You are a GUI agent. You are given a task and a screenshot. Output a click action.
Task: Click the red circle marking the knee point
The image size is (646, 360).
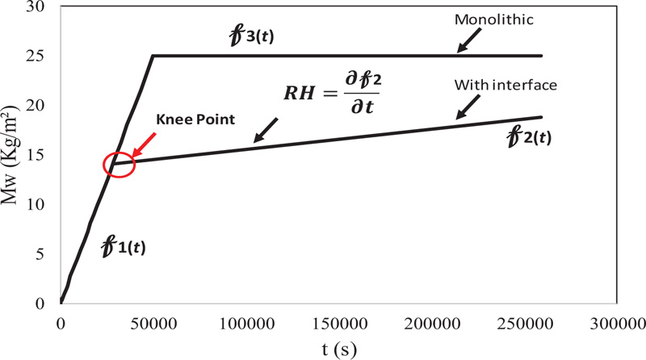(x=119, y=165)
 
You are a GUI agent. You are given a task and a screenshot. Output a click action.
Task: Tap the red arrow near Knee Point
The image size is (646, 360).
(x=144, y=145)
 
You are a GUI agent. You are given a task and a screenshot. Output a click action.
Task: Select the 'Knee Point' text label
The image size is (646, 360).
(x=195, y=119)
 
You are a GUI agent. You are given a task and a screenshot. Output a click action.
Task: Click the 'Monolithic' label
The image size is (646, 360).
(x=494, y=19)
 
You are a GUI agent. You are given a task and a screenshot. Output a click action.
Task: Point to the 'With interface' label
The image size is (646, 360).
(x=505, y=85)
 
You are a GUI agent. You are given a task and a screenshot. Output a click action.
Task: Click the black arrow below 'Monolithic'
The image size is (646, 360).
(x=469, y=41)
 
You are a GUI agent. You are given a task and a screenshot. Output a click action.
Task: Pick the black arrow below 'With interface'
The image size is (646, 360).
(x=468, y=107)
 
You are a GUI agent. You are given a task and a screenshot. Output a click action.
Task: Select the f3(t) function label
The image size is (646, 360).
(x=251, y=36)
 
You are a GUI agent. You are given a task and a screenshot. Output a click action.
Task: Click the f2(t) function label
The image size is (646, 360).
(x=529, y=136)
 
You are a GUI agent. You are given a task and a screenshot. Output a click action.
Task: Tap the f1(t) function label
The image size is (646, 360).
(x=124, y=247)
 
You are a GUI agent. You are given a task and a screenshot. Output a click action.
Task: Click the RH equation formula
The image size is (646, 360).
(x=333, y=93)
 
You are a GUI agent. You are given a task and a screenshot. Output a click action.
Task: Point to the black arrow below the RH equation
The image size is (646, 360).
(x=266, y=131)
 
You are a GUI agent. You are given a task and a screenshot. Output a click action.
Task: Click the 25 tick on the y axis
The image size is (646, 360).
(x=35, y=56)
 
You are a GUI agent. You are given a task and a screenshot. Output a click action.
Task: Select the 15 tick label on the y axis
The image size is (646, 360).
(x=35, y=155)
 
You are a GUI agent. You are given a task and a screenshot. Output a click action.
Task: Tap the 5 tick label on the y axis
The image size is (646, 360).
(x=40, y=254)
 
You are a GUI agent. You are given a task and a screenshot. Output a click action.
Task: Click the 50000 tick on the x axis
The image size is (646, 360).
(x=153, y=324)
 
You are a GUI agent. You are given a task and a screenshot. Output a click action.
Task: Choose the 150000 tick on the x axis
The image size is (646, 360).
(x=339, y=324)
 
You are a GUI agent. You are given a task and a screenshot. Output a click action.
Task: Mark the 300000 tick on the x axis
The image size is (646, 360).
(x=618, y=324)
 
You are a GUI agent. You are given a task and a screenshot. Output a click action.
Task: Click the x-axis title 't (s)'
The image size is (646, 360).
(x=339, y=350)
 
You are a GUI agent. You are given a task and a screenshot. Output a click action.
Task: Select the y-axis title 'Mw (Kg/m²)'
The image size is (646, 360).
(x=10, y=155)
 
